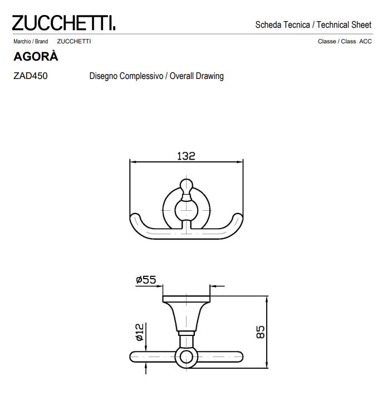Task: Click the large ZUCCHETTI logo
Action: tap(64, 24)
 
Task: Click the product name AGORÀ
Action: tap(35, 57)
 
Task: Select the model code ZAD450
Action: tap(30, 76)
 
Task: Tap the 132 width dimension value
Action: tap(186, 156)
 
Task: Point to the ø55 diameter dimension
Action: tap(146, 281)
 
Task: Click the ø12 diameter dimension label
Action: tap(140, 333)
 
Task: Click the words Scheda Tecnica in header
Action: tap(282, 24)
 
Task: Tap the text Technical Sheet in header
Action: tap(344, 24)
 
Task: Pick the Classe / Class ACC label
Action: tap(344, 42)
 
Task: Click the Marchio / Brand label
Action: tap(30, 42)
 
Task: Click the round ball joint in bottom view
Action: tap(185, 357)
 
